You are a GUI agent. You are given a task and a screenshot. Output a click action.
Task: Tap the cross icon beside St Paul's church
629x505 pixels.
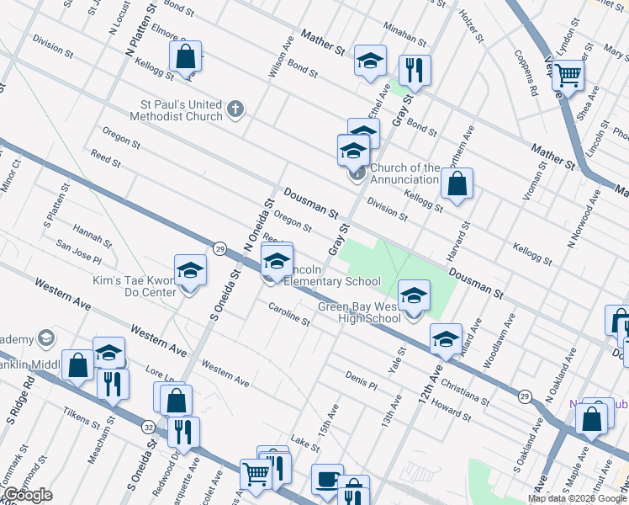tap(235, 109)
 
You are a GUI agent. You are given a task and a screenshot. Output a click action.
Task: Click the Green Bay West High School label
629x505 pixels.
tap(359, 312)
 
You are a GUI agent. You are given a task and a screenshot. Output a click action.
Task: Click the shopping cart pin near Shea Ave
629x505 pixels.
tap(568, 76)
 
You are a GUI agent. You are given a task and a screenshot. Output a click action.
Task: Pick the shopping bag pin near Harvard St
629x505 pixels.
tap(457, 183)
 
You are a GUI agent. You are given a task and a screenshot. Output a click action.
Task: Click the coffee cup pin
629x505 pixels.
tap(327, 480)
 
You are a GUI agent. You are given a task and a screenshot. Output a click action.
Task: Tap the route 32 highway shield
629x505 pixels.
tap(148, 427)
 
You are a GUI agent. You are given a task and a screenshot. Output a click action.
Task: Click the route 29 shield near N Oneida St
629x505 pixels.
tap(219, 248)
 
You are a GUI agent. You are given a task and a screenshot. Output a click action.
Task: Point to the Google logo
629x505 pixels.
tap(27, 495)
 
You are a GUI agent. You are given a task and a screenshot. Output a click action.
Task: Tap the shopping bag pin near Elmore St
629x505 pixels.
tap(186, 57)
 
